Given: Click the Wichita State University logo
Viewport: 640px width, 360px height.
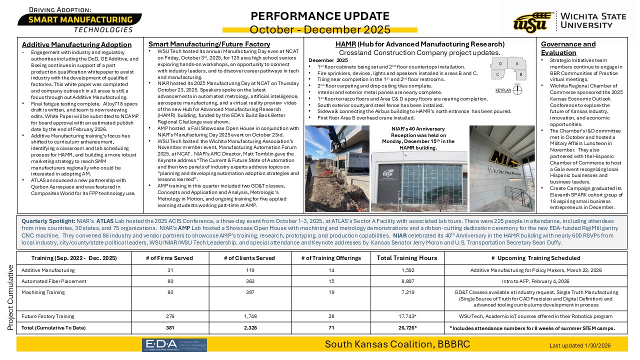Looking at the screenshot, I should pos(569,22).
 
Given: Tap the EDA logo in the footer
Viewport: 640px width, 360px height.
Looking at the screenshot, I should pos(174,344).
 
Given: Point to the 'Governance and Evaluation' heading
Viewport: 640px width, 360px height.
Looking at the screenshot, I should pos(568,48).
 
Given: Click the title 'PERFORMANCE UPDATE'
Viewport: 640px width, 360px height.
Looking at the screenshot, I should pos(320,16).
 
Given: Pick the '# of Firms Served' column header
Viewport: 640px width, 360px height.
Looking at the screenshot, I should pos(169,258).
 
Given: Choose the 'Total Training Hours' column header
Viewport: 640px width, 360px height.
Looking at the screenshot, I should pos(407,258).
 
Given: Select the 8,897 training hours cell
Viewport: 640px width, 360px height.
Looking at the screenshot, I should pos(407,281).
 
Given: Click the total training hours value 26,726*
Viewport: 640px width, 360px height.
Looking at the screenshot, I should pos(407,327).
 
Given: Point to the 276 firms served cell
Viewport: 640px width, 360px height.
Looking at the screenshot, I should pos(169,316).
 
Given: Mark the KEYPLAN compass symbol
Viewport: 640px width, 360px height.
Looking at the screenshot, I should pos(518,90).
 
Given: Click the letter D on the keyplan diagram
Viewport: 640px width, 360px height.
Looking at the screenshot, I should pos(500,64).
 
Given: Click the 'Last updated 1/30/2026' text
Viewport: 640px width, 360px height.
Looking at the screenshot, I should pos(580,345).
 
